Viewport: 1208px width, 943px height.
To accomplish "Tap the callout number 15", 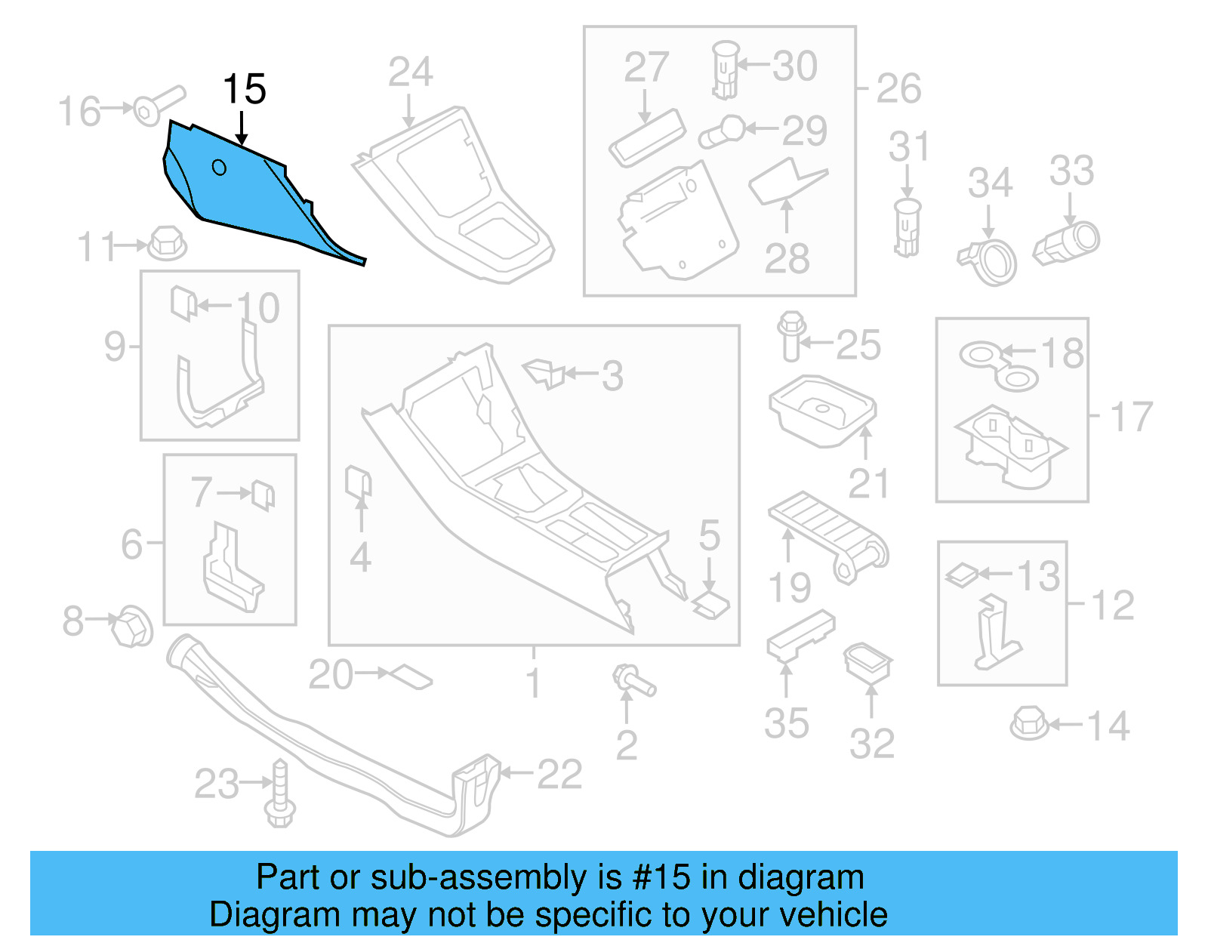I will (244, 89).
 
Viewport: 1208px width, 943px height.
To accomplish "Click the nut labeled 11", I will (166, 243).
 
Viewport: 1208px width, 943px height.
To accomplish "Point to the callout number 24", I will (410, 72).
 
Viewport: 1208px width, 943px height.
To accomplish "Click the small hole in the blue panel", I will (219, 167).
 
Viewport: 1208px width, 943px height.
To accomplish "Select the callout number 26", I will (898, 88).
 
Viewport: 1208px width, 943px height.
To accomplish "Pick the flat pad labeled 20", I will (411, 676).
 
